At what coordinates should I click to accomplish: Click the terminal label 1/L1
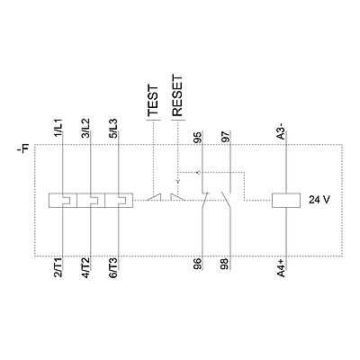pos(58,128)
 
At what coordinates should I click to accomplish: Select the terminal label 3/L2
pos(85,128)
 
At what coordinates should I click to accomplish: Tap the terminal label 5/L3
pos(113,128)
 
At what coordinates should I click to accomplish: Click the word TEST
pos(153,100)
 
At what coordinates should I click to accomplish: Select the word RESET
pos(177,95)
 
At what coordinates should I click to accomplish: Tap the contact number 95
pos(197,136)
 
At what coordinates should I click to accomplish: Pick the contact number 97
pos(225,136)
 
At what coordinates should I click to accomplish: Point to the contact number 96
pos(197,264)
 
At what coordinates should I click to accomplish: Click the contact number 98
pos(225,264)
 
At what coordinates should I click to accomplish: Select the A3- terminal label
pos(281,134)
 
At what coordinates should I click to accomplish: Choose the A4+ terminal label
pos(281,268)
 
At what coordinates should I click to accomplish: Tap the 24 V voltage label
pos(319,200)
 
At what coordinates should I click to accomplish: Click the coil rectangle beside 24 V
pos(286,200)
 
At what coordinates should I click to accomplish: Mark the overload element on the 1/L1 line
pos(62,200)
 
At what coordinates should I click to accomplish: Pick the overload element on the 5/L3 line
pos(119,200)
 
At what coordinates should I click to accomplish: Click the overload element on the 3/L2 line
pos(91,200)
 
